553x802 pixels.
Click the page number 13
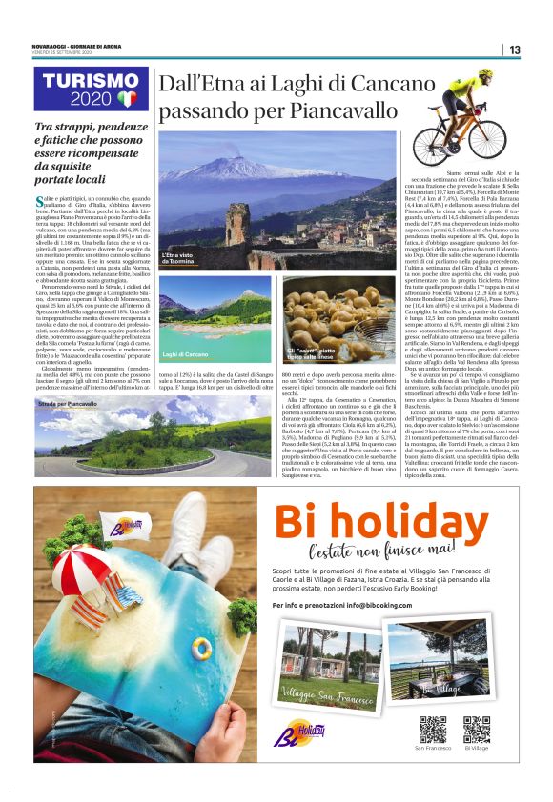tap(514, 50)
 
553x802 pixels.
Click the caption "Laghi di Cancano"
tap(185, 354)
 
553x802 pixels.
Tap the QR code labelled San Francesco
tap(433, 729)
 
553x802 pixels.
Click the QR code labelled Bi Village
tap(475, 729)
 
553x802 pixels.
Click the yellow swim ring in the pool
tap(201, 650)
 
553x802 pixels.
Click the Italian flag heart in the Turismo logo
tap(128, 97)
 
